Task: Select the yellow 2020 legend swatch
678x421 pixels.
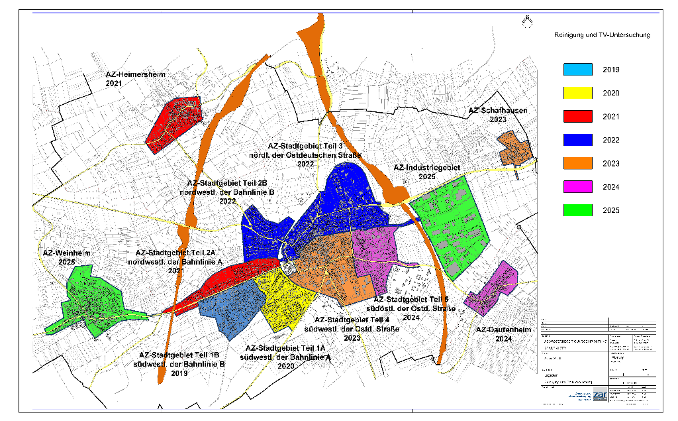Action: [580, 93]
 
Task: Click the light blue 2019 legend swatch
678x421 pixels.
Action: [580, 70]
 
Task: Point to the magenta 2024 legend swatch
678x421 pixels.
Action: [580, 187]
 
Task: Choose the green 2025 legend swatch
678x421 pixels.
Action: [580, 211]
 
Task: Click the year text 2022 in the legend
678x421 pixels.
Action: [611, 141]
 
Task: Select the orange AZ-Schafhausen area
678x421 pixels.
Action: [514, 149]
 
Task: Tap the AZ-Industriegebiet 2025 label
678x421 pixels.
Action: [426, 172]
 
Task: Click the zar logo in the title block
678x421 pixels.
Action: [599, 394]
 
